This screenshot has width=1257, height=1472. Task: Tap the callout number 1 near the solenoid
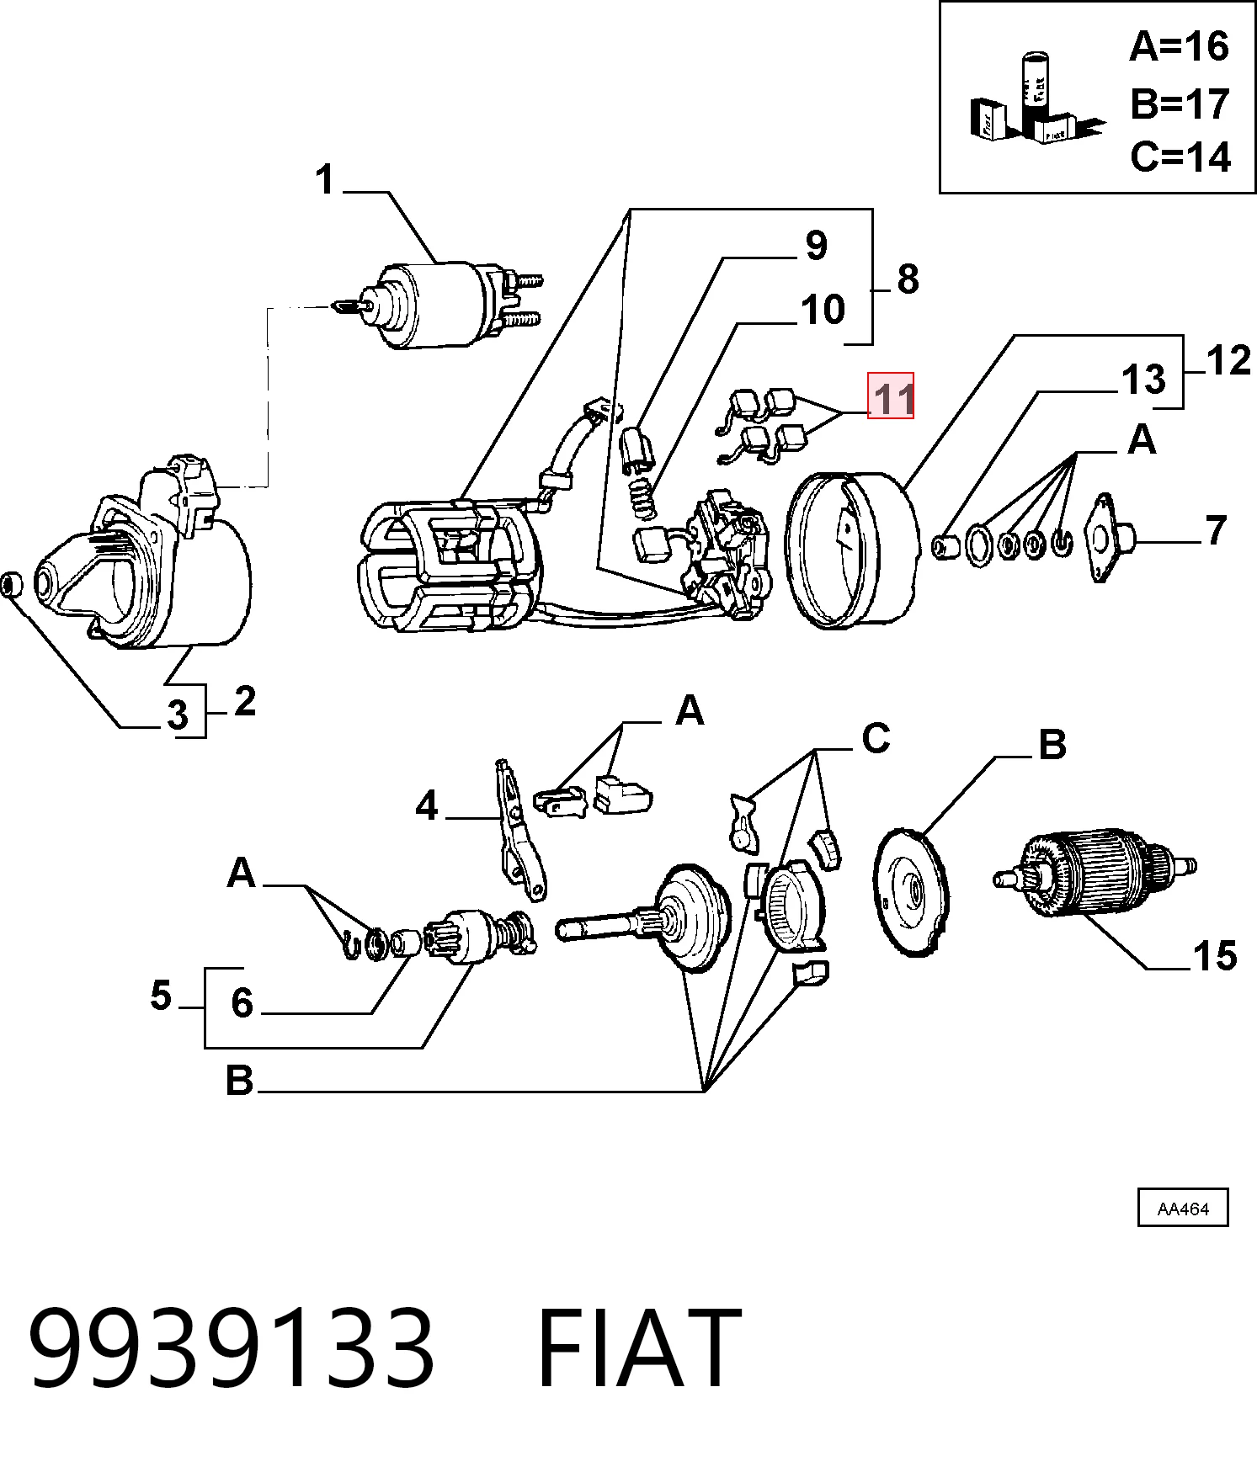point(326,180)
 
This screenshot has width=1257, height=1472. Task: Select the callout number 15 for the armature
point(1214,956)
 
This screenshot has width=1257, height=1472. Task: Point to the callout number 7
point(1216,530)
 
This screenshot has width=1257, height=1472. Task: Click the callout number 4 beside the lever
point(427,806)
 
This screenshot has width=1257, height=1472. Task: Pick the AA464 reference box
point(1183,1209)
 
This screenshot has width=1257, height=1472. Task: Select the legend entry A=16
point(1179,46)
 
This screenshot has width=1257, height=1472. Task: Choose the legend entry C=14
point(1180,157)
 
